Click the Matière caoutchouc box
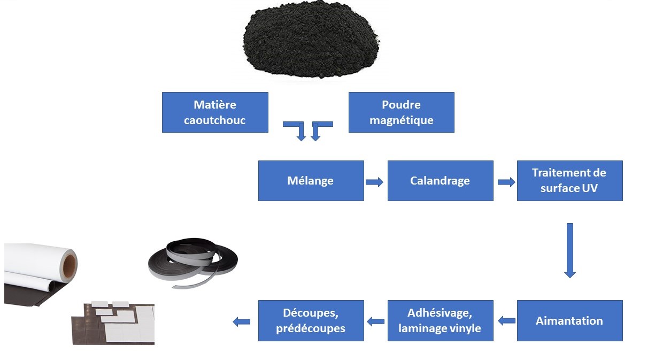(214, 112)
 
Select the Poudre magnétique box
(401, 112)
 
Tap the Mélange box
(311, 181)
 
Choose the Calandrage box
(440, 181)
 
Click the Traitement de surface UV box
(569, 181)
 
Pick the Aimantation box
(569, 321)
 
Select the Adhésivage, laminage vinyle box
(440, 321)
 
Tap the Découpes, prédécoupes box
(311, 321)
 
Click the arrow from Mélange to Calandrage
(375, 182)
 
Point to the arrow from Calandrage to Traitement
(506, 182)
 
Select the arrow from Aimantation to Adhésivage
(506, 321)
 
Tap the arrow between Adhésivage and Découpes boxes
(376, 321)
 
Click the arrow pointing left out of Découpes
(242, 321)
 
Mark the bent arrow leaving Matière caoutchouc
(296, 129)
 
